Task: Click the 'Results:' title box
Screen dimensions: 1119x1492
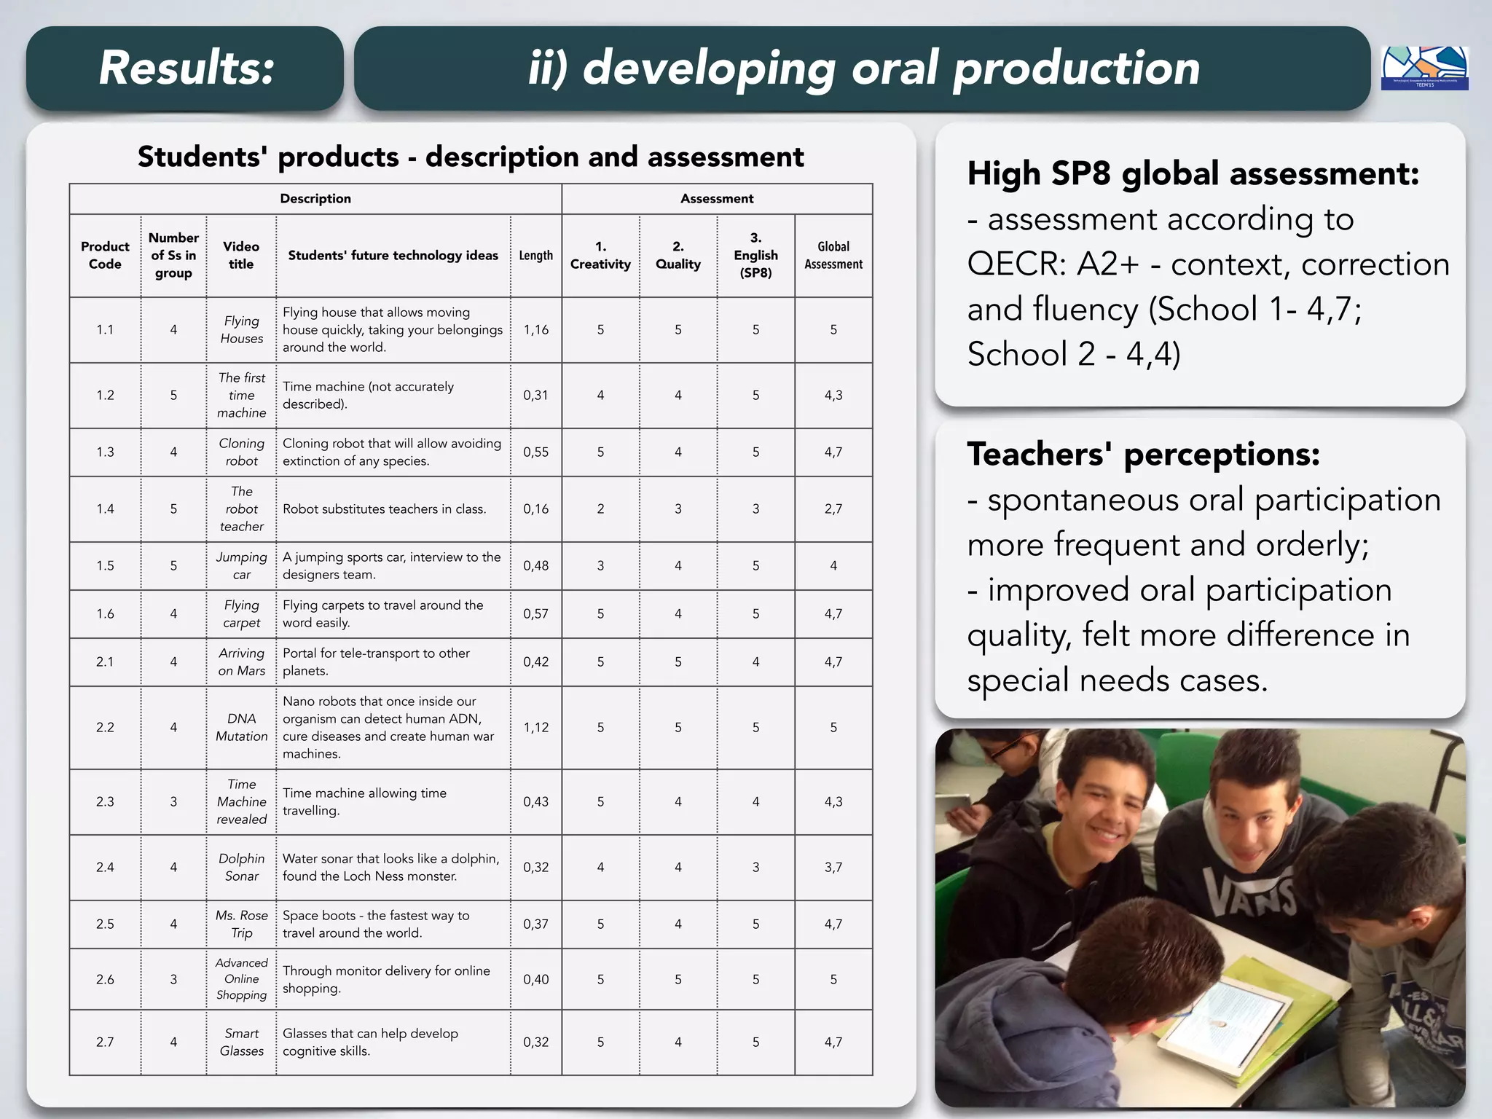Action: click(185, 68)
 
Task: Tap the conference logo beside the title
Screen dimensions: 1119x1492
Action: click(1424, 68)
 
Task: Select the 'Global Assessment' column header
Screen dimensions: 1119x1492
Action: click(833, 256)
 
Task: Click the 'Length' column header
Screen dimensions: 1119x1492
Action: click(535, 256)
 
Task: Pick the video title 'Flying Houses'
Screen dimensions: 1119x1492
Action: click(242, 330)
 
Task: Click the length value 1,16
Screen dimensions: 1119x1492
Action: click(535, 330)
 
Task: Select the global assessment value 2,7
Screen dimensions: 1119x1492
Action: click(833, 509)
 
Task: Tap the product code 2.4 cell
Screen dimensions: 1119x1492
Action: click(105, 868)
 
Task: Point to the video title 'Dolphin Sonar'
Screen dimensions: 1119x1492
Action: click(242, 868)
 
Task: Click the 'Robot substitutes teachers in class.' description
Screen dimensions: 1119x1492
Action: click(385, 509)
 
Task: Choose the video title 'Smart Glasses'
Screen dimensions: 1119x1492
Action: click(242, 1043)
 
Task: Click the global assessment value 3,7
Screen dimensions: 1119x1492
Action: click(833, 868)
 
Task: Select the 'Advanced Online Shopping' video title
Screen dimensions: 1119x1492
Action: click(242, 979)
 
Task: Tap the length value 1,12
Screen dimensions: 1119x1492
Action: click(535, 728)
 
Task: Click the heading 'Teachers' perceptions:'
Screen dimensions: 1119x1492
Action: click(1143, 455)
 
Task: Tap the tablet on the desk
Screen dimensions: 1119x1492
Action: click(1231, 1020)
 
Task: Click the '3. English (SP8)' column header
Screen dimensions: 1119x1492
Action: click(755, 256)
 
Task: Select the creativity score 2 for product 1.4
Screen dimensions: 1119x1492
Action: click(600, 509)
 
